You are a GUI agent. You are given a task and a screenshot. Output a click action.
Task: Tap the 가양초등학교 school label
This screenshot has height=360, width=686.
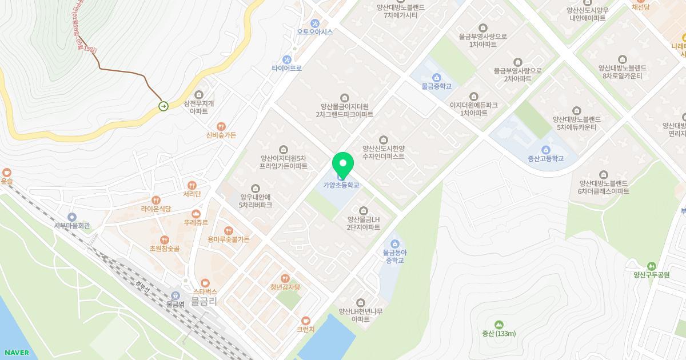[341, 185]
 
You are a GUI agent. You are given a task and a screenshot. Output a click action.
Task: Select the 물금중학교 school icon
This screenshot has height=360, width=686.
[437, 77]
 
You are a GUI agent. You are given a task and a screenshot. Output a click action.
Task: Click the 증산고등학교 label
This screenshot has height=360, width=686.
[545, 158]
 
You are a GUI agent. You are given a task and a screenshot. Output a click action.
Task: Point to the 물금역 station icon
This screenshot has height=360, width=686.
[176, 295]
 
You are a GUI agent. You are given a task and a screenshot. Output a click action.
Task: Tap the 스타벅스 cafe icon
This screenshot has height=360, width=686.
[205, 283]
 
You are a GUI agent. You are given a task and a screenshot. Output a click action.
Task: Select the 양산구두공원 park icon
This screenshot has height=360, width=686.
[651, 266]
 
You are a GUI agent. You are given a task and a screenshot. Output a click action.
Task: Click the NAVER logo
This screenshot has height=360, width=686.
[17, 353]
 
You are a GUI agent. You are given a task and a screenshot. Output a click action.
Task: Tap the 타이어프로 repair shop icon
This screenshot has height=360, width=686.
[287, 59]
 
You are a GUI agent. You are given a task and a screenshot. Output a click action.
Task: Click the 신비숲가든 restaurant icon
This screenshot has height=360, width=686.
[221, 126]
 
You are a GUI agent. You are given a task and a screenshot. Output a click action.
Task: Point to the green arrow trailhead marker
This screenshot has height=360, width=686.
[163, 106]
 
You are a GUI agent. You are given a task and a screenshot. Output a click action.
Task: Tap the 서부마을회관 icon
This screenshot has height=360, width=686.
[72, 217]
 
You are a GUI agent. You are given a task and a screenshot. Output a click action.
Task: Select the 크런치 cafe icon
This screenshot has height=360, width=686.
[306, 321]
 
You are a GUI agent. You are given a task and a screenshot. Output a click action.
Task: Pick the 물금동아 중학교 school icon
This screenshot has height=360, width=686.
[394, 244]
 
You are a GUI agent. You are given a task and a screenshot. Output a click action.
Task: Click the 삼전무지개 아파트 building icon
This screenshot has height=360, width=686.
[199, 95]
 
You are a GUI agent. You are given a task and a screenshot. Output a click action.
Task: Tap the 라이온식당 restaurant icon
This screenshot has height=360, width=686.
[156, 200]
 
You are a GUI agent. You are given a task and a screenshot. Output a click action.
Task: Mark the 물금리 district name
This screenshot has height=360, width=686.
[204, 301]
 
